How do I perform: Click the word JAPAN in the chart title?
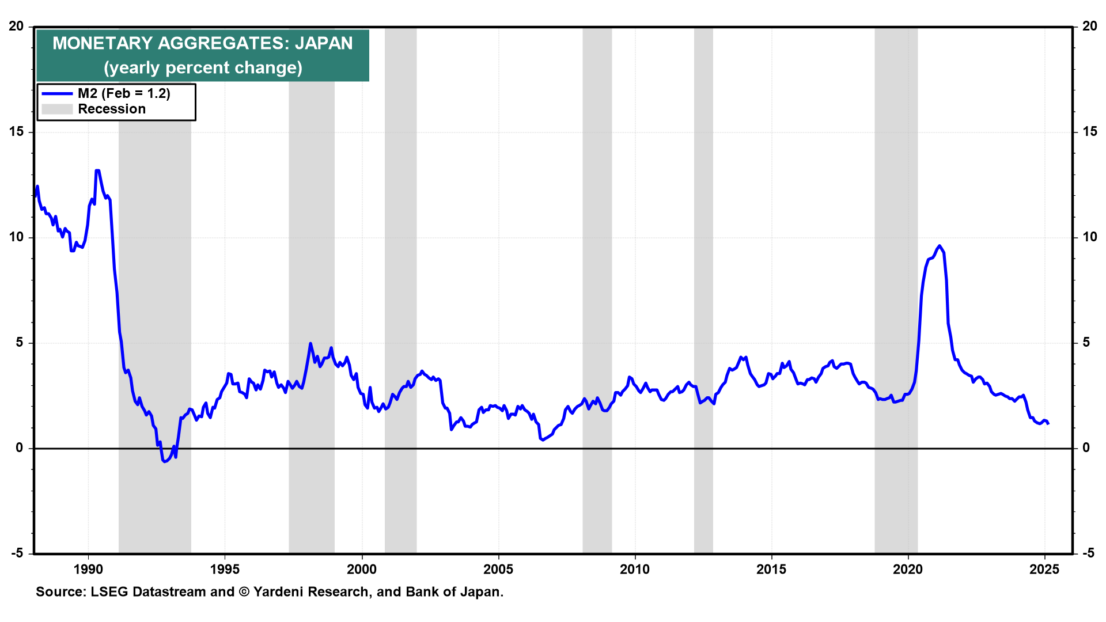click(x=324, y=43)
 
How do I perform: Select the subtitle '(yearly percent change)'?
click(x=203, y=68)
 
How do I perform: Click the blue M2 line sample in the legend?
click(x=57, y=94)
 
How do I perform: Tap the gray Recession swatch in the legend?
click(x=57, y=109)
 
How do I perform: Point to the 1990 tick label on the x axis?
click(x=88, y=570)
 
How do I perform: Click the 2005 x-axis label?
click(x=498, y=570)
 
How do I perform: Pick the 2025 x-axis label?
click(x=1044, y=570)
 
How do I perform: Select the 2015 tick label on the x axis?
click(x=771, y=570)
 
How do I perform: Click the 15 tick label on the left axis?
click(x=17, y=132)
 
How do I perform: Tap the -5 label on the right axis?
click(x=1088, y=553)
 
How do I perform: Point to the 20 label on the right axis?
click(x=1089, y=26)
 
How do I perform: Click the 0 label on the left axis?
click(x=20, y=448)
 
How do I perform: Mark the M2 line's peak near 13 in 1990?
click(x=97, y=170)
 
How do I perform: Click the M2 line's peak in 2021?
click(x=940, y=246)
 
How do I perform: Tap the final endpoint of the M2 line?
click(x=1048, y=423)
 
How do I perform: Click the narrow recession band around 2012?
click(x=703, y=288)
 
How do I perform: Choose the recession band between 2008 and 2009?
click(x=597, y=288)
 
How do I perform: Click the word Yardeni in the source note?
click(x=279, y=592)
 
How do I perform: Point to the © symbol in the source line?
click(x=244, y=592)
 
